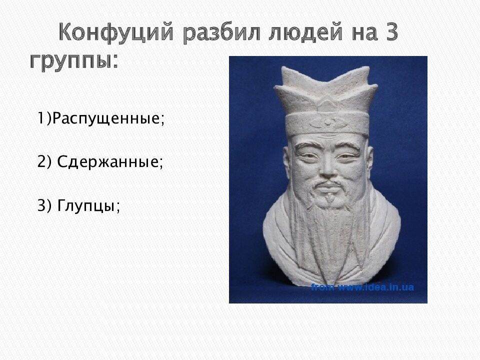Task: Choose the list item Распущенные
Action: [107, 119]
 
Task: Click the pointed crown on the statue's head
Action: [328, 87]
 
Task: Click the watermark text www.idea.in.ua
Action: [375, 287]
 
